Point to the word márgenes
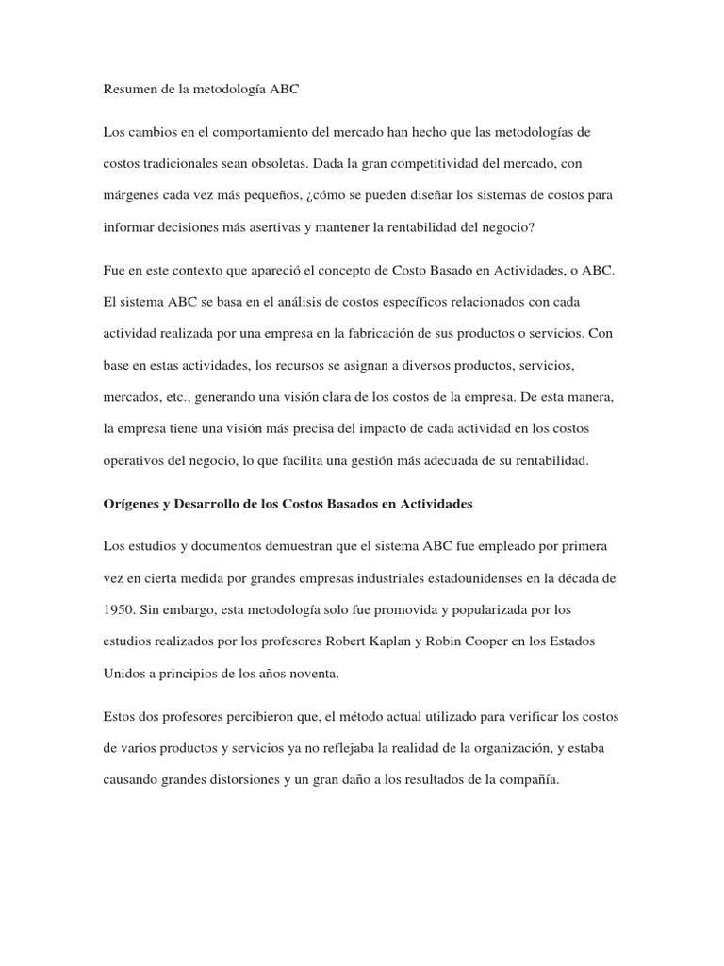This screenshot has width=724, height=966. (x=131, y=194)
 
